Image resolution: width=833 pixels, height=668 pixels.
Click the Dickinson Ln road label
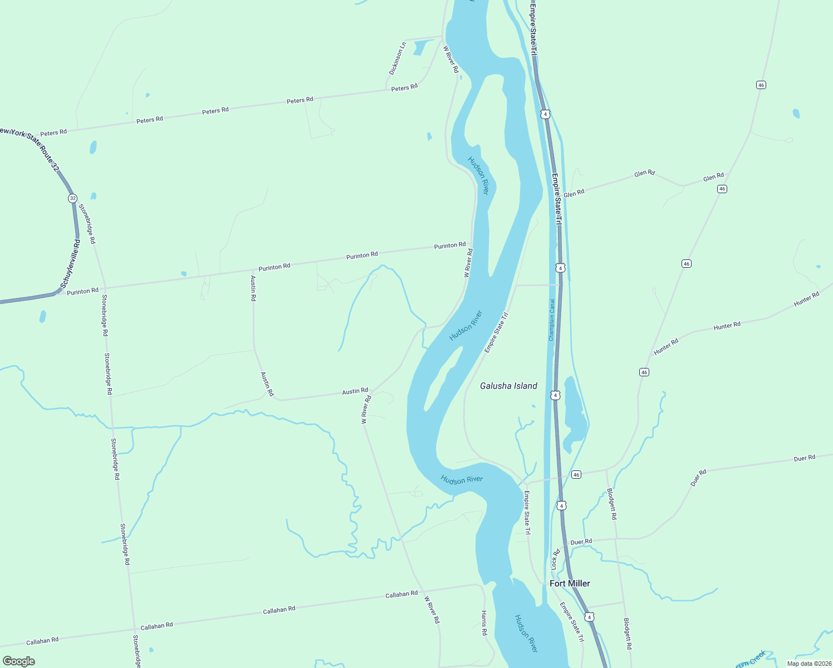[397, 58]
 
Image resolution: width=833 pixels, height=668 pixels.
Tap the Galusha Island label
[508, 386]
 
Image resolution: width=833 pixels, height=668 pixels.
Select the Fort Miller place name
[570, 583]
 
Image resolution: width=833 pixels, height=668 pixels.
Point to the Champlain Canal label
[552, 320]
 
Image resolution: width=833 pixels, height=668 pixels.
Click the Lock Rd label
[555, 559]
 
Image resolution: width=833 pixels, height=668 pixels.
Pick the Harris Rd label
[484, 623]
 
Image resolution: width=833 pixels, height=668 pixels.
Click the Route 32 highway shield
[72, 198]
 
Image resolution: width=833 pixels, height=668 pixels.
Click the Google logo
[19, 661]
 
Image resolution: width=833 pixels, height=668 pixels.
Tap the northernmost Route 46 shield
[761, 85]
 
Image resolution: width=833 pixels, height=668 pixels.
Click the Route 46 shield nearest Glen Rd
[722, 189]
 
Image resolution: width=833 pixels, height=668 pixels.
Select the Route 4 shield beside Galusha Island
[555, 395]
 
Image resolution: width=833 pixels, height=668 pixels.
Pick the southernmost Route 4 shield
[589, 617]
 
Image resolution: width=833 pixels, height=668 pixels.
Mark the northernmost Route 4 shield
[545, 114]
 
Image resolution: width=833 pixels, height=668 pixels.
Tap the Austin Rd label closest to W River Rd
[355, 391]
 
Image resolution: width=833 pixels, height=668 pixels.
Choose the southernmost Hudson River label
[526, 633]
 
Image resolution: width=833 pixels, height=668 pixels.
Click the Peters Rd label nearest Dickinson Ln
[404, 88]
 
